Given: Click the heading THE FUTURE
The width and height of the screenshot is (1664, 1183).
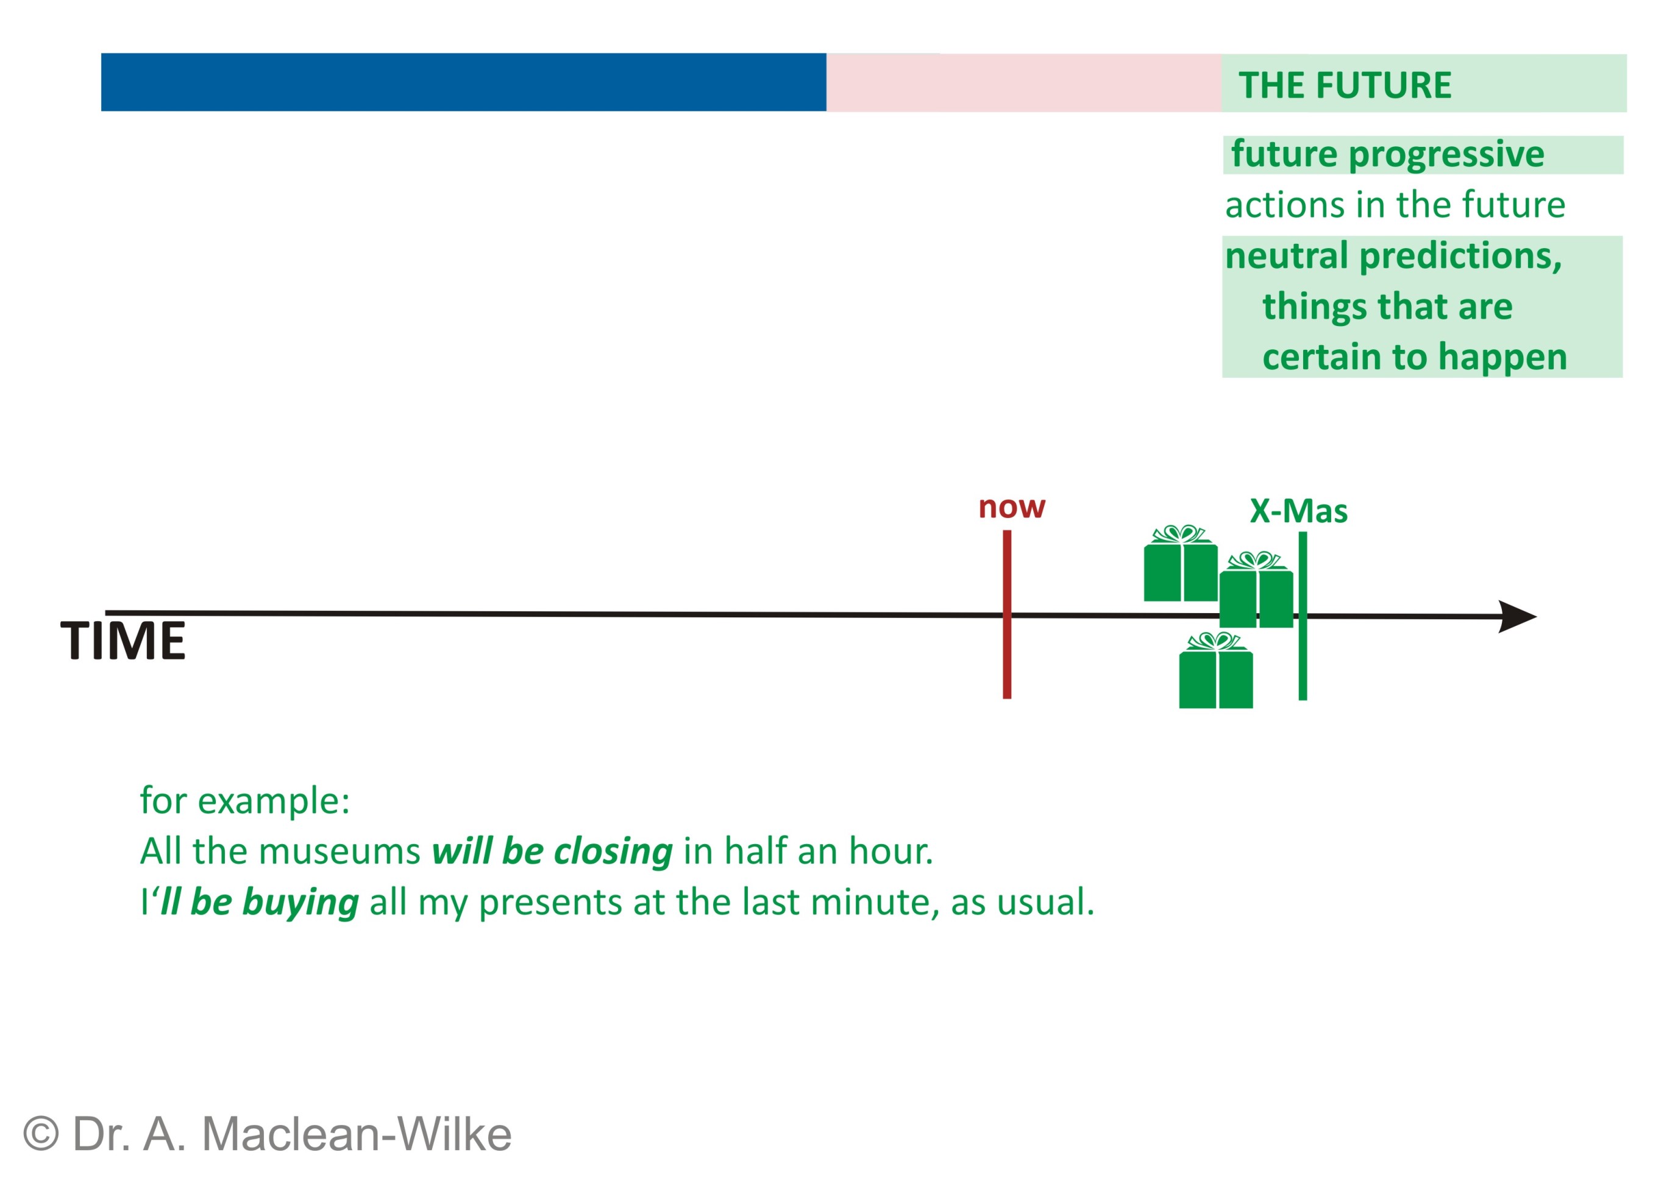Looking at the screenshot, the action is coord(1345,85).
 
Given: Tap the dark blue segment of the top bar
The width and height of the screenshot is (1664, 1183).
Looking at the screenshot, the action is coord(463,82).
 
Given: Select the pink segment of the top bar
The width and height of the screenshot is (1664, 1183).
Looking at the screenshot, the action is coord(1023,83).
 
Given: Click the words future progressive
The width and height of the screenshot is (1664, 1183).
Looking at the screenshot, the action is coord(1387,154).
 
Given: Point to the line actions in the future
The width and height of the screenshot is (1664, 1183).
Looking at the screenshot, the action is coord(1395,205).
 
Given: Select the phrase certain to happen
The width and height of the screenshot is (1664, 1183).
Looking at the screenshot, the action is coord(1414,358).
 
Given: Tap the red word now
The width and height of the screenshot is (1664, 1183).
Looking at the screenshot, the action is coord(1012,507).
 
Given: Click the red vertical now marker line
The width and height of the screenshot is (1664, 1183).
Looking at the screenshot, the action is coord(1007,614).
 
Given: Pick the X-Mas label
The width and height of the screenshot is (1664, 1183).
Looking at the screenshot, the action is coord(1298,511).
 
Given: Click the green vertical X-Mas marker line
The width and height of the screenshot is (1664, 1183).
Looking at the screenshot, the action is coord(1303,616).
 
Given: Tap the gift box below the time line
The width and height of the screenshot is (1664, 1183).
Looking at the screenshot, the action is coord(1216,670).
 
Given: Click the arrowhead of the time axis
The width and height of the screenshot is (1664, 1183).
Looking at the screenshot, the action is coord(1517,617).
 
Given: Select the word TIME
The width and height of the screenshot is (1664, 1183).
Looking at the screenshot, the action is coord(123,641).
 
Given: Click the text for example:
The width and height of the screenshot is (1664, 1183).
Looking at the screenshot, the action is coord(245,801).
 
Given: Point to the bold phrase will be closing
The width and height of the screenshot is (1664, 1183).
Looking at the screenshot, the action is coord(552,851).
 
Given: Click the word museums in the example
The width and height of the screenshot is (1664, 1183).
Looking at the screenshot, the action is coord(340,851).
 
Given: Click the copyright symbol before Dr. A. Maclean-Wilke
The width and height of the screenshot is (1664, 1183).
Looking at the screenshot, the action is coord(41,1134).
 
